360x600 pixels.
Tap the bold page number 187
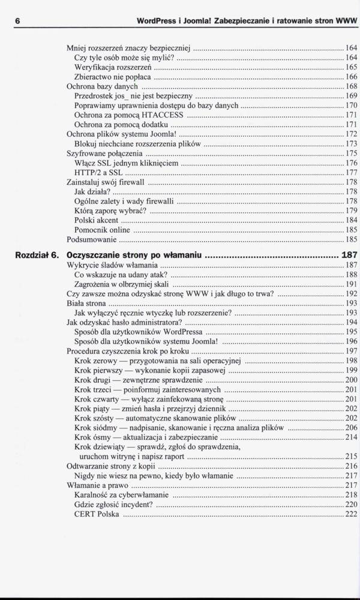pyautogui.click(x=349, y=254)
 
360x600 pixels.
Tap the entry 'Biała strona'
pyautogui.click(x=85, y=304)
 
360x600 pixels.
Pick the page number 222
pyautogui.click(x=352, y=514)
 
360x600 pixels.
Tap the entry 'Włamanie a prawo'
pyautogui.click(x=97, y=485)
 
